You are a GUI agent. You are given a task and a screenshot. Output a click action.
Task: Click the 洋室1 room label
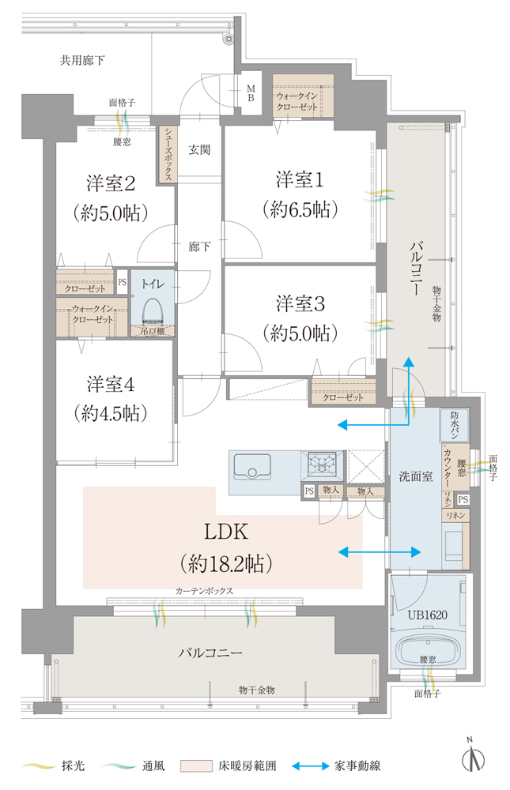[300, 180]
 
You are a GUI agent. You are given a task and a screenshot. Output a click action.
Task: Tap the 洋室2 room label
[111, 183]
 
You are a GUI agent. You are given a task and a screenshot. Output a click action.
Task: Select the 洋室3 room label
[300, 303]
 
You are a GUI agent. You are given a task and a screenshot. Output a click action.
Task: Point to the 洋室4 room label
[111, 385]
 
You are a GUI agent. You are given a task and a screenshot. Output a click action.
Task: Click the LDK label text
[226, 532]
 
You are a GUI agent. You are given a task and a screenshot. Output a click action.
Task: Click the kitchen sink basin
[251, 467]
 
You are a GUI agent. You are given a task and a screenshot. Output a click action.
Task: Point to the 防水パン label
[455, 425]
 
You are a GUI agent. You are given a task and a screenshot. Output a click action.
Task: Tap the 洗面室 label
[416, 476]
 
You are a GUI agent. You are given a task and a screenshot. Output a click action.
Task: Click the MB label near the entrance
[251, 94]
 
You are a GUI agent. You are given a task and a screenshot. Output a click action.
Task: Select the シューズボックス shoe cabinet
[168, 154]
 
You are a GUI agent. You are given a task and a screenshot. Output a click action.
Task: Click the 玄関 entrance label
[199, 149]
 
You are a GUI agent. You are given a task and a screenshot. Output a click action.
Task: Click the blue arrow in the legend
[311, 766]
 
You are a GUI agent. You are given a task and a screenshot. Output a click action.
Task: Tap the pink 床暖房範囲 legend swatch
[196, 766]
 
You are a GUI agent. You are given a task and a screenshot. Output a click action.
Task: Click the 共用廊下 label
[82, 61]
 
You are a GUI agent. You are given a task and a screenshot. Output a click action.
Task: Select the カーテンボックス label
[204, 591]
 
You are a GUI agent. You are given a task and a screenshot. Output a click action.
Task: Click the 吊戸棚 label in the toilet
[153, 331]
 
